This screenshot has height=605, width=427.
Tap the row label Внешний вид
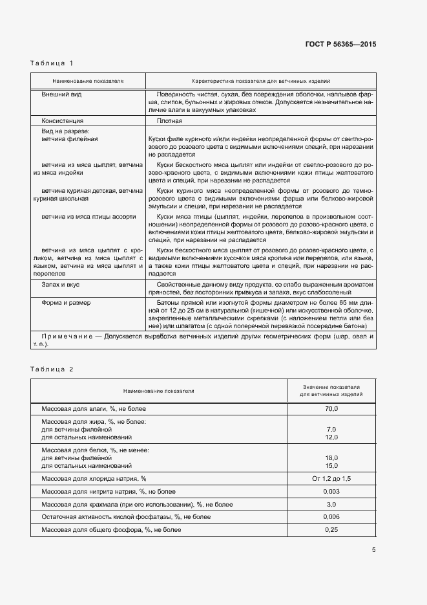[x=61, y=94]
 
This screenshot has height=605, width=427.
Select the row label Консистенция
[x=63, y=120]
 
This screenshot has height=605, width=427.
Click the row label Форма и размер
[x=66, y=302]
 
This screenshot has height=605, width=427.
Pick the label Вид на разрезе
[x=65, y=131]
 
